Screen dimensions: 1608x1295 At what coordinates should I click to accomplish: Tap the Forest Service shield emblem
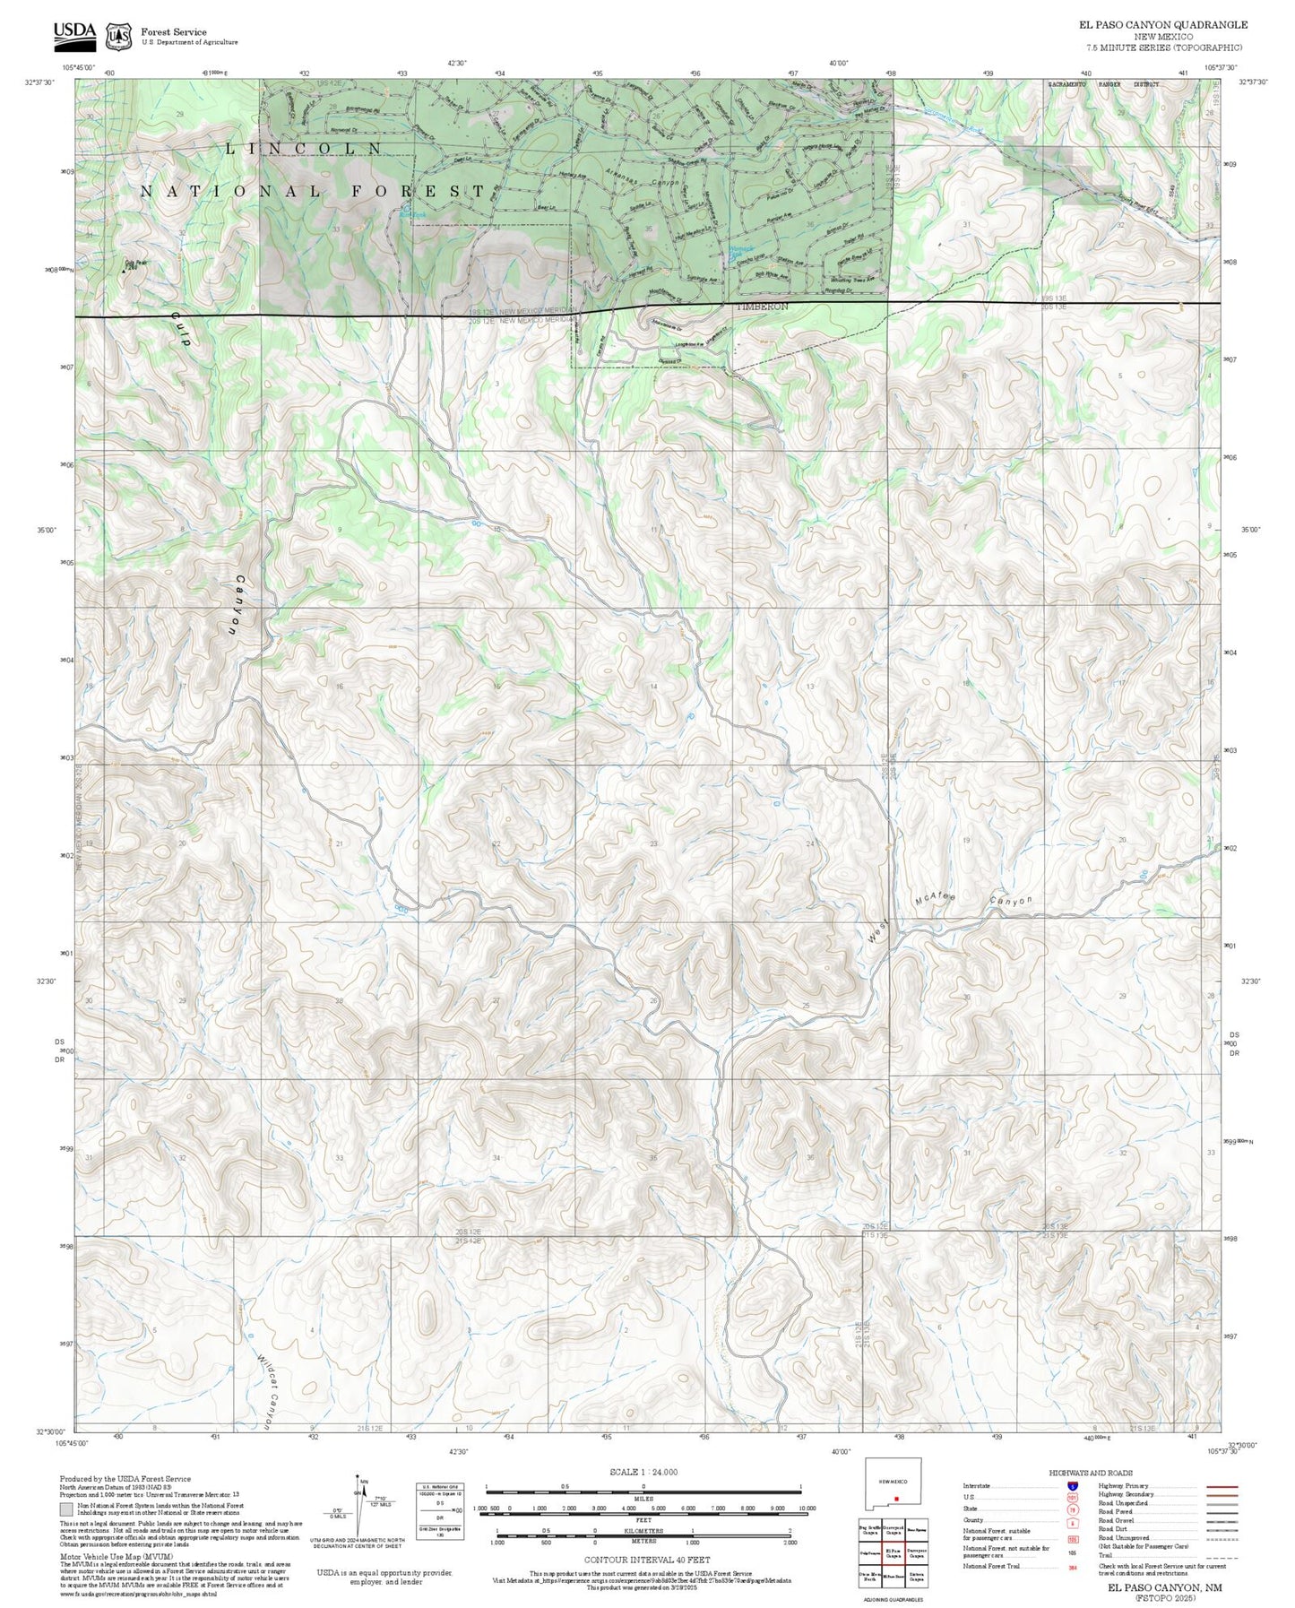[x=118, y=37]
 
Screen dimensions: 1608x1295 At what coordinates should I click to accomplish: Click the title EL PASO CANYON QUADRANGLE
[x=1163, y=25]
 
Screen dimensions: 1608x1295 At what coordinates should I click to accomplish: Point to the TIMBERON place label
[x=762, y=307]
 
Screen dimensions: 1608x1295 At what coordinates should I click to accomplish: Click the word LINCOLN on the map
[x=305, y=148]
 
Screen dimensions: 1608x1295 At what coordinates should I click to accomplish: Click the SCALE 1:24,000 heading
[x=643, y=1472]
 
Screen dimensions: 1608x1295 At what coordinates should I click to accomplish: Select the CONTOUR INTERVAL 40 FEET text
[x=646, y=1560]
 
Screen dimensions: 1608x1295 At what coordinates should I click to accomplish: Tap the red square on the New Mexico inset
[x=896, y=1498]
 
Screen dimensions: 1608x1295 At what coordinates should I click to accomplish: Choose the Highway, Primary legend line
[x=1222, y=1486]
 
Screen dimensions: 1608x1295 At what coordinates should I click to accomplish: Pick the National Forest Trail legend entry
[x=991, y=1566]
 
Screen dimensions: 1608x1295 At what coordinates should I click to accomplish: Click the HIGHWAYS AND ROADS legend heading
[x=1090, y=1473]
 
